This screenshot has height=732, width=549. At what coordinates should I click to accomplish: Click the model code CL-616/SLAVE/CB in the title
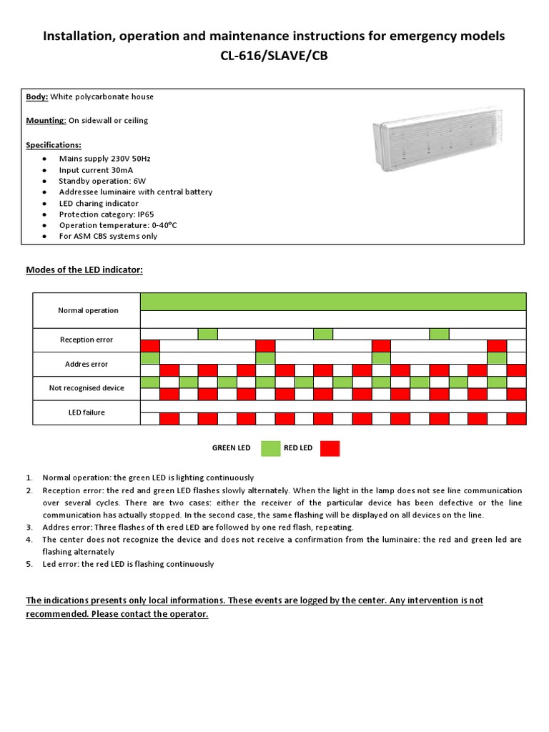[x=274, y=56]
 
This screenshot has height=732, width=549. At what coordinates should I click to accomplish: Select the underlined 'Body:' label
[x=37, y=97]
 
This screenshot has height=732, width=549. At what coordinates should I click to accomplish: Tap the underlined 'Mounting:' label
[x=46, y=120]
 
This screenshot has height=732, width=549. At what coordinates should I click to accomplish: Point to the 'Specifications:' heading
[x=54, y=144]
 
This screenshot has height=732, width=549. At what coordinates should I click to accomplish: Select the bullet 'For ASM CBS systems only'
[x=108, y=236]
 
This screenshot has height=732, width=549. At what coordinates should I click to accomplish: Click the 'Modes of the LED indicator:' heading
[x=84, y=269]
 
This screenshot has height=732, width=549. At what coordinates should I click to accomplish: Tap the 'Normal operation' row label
[x=88, y=310]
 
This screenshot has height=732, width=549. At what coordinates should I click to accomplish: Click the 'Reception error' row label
[x=86, y=340]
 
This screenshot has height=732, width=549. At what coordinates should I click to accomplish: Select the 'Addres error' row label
[x=86, y=364]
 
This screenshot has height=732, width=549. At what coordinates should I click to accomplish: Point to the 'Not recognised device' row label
[x=86, y=387]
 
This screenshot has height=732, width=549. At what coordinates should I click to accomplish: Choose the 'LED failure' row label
[x=86, y=412]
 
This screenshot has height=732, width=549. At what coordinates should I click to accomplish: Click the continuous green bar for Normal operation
[x=333, y=301]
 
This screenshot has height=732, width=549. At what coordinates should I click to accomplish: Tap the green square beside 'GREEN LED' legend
[x=271, y=448]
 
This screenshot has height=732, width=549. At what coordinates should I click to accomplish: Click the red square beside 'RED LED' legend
[x=330, y=448]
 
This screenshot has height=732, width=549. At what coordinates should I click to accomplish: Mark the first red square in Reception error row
[x=150, y=346]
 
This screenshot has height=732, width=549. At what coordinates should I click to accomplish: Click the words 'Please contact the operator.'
[x=149, y=614]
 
